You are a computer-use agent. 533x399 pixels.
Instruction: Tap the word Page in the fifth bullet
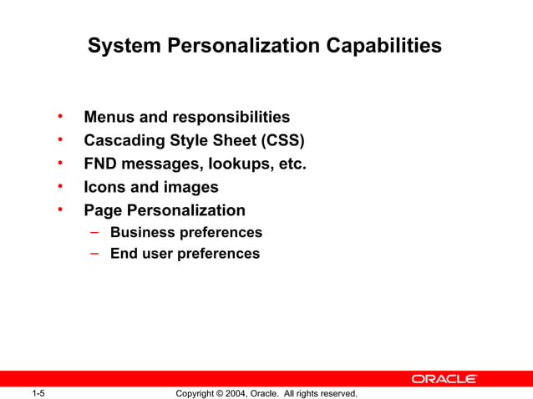[103, 210]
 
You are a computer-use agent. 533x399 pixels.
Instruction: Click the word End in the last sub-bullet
[124, 253]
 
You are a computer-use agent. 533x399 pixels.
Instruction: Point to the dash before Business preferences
[96, 231]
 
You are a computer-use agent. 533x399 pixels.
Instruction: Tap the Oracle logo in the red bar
[444, 379]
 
